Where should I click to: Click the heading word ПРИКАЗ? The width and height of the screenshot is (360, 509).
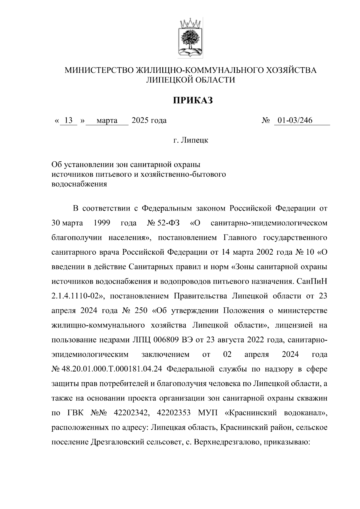(x=192, y=100)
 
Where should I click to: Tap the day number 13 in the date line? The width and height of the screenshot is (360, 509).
(x=69, y=121)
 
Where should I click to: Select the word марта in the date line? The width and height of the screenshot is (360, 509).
(x=107, y=121)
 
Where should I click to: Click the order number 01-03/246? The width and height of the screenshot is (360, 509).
(x=295, y=121)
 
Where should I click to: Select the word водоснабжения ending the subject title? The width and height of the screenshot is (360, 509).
(x=79, y=184)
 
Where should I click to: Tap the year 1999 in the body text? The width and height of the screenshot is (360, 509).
(x=102, y=223)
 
